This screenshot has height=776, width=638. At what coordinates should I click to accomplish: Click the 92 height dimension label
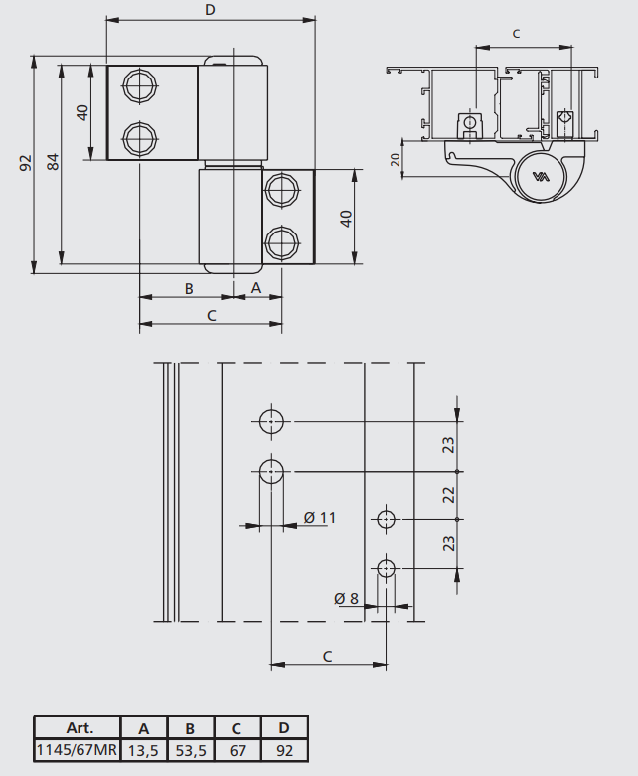click(x=25, y=163)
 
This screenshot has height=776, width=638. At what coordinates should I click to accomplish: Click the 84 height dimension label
click(x=53, y=162)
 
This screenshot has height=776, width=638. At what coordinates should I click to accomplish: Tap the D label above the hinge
click(x=210, y=10)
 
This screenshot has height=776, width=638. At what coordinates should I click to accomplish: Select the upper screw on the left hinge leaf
click(x=140, y=85)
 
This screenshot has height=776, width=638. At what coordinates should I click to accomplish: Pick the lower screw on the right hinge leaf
click(x=282, y=243)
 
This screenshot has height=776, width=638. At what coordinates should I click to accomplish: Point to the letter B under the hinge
click(x=189, y=289)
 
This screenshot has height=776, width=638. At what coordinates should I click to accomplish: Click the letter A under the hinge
click(x=255, y=288)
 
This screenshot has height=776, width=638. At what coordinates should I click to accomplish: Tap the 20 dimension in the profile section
click(x=395, y=159)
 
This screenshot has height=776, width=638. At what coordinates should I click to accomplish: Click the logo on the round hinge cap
click(x=541, y=177)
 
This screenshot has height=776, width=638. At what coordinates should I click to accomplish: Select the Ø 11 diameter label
click(x=320, y=518)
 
